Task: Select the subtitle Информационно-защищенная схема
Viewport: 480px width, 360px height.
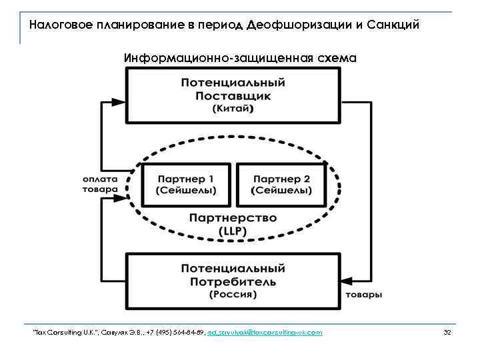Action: click(x=240, y=58)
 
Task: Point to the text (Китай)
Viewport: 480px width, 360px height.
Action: click(x=233, y=109)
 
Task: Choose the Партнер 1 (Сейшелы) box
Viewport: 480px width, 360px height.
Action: click(x=186, y=185)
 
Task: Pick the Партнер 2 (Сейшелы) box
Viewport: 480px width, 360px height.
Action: click(x=281, y=185)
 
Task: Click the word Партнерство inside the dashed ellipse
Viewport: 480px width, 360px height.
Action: click(x=233, y=218)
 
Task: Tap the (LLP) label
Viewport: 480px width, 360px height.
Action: click(x=233, y=231)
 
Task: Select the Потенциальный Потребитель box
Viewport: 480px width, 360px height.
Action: click(x=233, y=280)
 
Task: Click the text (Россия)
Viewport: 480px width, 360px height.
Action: click(x=233, y=294)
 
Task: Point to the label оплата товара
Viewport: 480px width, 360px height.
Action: click(x=100, y=183)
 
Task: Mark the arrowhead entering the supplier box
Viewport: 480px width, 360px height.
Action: click(x=118, y=102)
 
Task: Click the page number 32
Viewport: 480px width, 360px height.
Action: click(x=447, y=332)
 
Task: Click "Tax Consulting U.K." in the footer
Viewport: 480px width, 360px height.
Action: click(x=57, y=332)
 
